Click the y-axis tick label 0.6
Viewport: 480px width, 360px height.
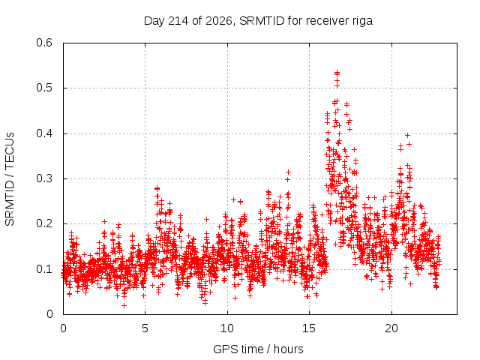click(44, 43)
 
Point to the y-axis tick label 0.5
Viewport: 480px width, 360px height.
click(44, 88)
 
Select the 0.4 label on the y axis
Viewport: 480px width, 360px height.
click(44, 133)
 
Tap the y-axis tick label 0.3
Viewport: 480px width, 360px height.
click(44, 178)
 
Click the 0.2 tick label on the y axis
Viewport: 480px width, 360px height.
click(44, 223)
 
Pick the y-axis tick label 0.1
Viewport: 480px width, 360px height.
click(44, 269)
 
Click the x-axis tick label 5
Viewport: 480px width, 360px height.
click(145, 328)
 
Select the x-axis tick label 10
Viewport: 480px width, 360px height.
click(227, 328)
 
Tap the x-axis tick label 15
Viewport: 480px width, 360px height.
click(309, 328)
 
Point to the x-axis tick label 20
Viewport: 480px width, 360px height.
click(391, 328)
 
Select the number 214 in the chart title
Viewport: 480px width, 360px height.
click(179, 21)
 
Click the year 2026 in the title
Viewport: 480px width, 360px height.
click(219, 21)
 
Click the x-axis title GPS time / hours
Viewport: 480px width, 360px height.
click(258, 349)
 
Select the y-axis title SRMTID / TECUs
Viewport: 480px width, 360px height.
click(10, 179)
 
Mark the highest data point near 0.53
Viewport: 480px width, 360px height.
click(337, 73)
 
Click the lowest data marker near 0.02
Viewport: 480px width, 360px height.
click(124, 305)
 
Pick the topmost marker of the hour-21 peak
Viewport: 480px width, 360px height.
click(407, 135)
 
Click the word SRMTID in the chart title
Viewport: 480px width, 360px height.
click(262, 21)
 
